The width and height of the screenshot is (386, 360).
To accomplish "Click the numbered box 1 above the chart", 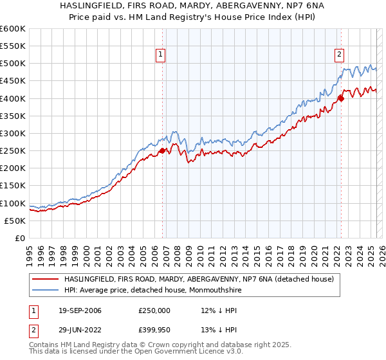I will point(159,55).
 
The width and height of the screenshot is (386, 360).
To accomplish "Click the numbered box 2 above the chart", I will point(339,55).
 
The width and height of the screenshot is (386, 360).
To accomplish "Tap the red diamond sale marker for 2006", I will point(163,150).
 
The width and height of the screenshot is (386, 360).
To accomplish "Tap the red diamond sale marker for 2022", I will point(342,98).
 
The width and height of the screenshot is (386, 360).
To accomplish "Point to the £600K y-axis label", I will point(13,29).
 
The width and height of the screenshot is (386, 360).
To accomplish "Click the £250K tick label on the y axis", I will point(13,151).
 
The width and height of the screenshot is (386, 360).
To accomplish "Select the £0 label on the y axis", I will point(19,239).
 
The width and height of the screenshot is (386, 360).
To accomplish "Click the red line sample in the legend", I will point(45,279).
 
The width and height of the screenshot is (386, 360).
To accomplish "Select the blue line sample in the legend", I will point(45,290).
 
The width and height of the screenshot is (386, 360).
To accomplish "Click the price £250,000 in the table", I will point(154,310).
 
